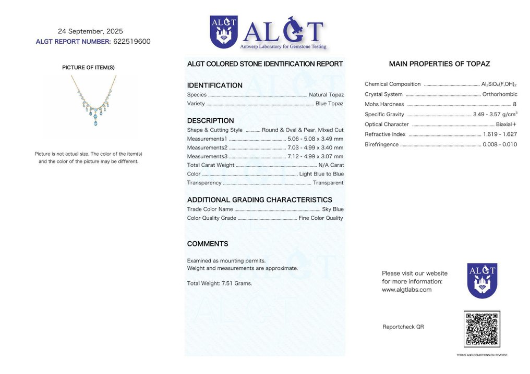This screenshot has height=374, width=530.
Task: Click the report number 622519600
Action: click(131, 42)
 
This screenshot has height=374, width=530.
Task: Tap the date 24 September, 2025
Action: click(90, 31)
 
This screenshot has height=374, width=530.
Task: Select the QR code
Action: click(481, 329)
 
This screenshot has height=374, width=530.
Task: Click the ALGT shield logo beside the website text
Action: click(482, 281)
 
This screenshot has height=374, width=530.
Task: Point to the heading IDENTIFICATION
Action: click(214, 85)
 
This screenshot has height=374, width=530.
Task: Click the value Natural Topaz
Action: click(326, 95)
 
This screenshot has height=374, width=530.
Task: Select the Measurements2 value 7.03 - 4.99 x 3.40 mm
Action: click(315, 147)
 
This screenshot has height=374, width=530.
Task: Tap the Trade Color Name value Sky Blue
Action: click(333, 209)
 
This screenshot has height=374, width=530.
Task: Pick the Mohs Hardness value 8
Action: click(514, 104)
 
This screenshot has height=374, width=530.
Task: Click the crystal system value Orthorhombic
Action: click(500, 94)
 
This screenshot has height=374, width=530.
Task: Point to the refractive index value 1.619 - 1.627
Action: click(500, 134)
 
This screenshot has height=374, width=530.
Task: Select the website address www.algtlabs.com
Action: click(406, 290)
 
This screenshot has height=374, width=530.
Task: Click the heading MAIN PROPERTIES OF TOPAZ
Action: click(439, 64)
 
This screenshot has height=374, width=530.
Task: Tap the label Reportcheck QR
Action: click(403, 327)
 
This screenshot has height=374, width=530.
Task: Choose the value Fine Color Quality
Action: click(321, 218)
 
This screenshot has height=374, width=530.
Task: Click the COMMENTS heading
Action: click(208, 244)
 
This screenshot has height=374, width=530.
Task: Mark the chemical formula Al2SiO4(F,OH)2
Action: click(499, 84)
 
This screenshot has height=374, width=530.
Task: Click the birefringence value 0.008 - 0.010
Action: click(500, 144)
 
